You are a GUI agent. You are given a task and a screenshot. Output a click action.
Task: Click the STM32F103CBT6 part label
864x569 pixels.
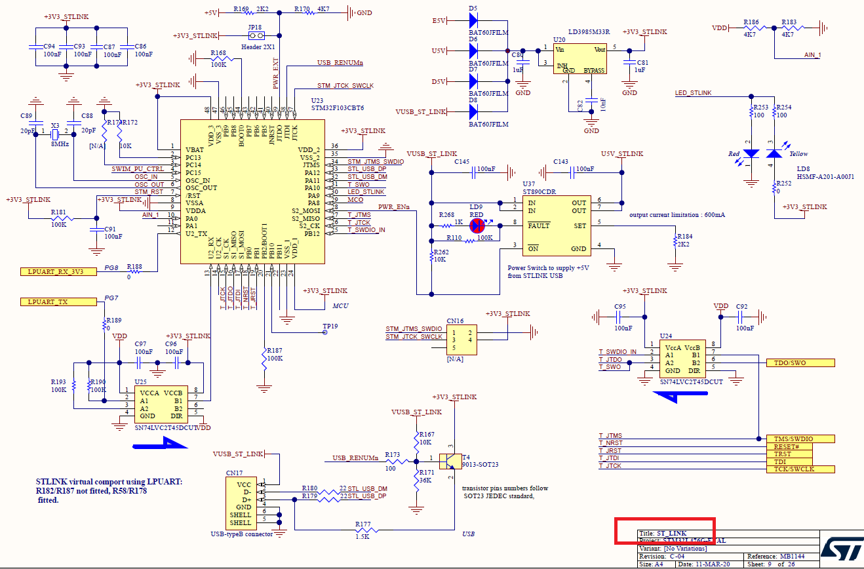point(338,108)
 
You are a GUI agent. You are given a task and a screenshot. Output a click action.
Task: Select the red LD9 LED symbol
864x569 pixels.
point(479,225)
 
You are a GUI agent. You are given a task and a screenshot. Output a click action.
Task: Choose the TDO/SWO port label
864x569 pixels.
point(800,363)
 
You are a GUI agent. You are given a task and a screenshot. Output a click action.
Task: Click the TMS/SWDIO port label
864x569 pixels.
point(800,439)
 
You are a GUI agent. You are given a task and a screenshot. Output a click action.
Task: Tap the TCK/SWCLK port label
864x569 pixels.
point(800,469)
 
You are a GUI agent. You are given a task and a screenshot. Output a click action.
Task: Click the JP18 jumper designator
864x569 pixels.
point(255,28)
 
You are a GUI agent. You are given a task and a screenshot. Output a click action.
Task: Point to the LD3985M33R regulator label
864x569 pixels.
point(589,31)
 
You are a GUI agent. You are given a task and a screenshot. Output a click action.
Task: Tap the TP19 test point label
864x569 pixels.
point(330,326)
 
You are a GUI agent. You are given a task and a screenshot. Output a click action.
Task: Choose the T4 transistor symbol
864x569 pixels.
point(448,460)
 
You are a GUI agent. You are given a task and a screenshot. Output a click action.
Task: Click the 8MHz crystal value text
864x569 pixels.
point(59,144)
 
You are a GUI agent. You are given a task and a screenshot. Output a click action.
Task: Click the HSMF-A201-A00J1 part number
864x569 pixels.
point(825,176)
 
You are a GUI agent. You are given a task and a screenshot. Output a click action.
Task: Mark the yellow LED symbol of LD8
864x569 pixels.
point(775,153)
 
